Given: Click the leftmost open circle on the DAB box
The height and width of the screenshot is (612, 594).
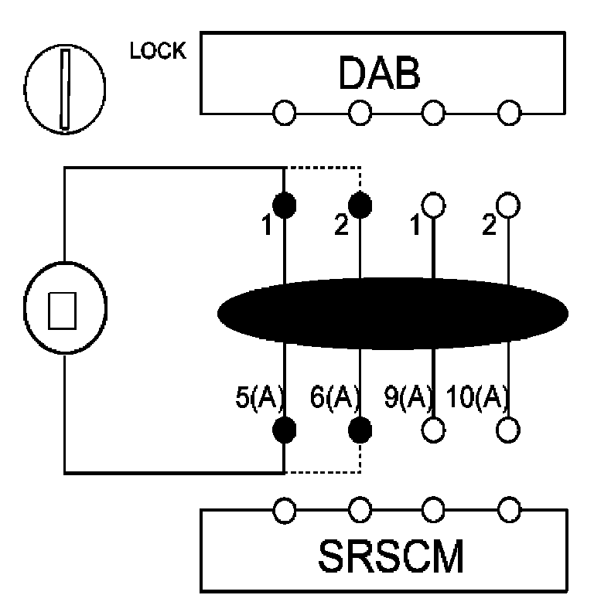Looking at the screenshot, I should point(285,114).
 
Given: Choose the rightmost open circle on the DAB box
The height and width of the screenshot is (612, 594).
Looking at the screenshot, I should point(508,114).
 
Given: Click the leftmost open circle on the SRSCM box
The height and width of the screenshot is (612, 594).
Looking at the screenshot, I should point(285,509).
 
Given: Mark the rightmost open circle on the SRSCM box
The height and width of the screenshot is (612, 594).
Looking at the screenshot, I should point(508,509).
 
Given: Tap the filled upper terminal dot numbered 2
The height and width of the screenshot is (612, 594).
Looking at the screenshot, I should point(360,205).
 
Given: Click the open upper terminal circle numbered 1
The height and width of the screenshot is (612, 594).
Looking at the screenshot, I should point(433,205).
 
